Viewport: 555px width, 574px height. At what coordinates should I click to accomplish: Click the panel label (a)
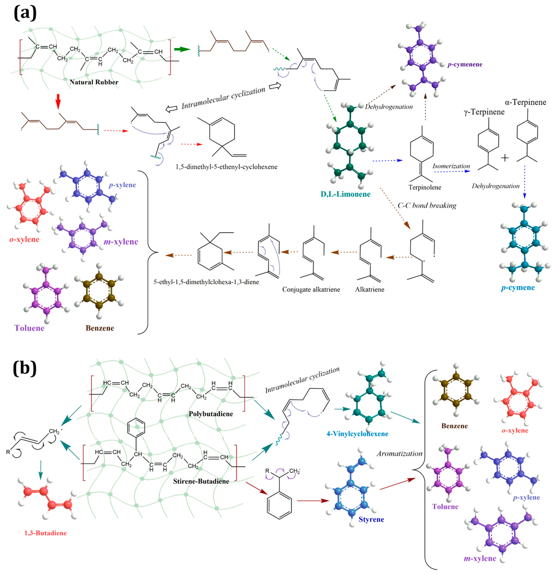point(25,13)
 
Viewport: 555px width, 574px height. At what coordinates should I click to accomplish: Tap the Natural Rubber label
point(94,82)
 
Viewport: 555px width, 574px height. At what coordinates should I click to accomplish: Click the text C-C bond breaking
point(427,206)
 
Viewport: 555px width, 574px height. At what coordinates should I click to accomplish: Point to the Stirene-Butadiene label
point(201,481)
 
